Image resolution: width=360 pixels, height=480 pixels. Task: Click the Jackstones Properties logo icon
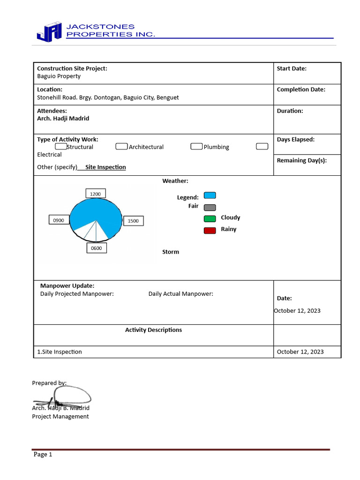(49, 31)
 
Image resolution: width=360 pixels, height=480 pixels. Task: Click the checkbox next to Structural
(61, 147)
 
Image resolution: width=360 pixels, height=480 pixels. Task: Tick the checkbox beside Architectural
(121, 147)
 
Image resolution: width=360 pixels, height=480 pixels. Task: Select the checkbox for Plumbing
(196, 147)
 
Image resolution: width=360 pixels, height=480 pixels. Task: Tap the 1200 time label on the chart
(96, 194)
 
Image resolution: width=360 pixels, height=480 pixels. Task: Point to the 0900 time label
(59, 220)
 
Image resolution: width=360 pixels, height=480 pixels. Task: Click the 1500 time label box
(133, 221)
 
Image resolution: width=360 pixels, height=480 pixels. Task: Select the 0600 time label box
(97, 248)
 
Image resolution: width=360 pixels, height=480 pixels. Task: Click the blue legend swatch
(210, 195)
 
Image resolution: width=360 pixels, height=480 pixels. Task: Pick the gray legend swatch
(210, 207)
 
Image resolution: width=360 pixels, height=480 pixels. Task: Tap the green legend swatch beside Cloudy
(210, 218)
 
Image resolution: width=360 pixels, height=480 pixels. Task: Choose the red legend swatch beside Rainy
(210, 230)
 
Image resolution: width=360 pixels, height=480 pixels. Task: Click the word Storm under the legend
(171, 252)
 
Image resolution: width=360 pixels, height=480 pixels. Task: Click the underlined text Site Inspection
(105, 167)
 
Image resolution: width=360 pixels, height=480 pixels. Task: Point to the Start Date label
(292, 68)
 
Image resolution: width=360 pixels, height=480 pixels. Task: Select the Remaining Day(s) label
(302, 160)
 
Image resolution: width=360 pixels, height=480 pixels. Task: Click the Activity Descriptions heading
(153, 330)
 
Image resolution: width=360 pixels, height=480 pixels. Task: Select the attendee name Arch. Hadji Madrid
(63, 119)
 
